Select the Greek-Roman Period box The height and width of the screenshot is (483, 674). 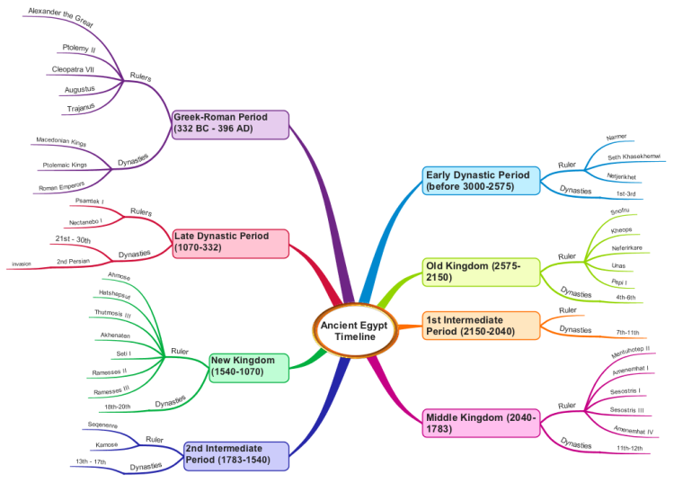[230, 124]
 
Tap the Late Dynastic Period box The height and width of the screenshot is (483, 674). [231, 242]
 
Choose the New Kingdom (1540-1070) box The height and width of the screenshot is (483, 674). [248, 366]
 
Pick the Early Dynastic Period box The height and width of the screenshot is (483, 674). [481, 180]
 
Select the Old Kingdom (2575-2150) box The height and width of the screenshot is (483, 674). [481, 272]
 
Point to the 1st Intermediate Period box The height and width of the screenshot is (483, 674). [481, 326]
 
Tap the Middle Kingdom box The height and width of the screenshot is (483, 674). [481, 423]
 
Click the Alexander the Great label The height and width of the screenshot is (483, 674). [60, 16]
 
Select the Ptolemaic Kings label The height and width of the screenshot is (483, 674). [65, 165]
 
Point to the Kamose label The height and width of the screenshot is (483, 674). [107, 444]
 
